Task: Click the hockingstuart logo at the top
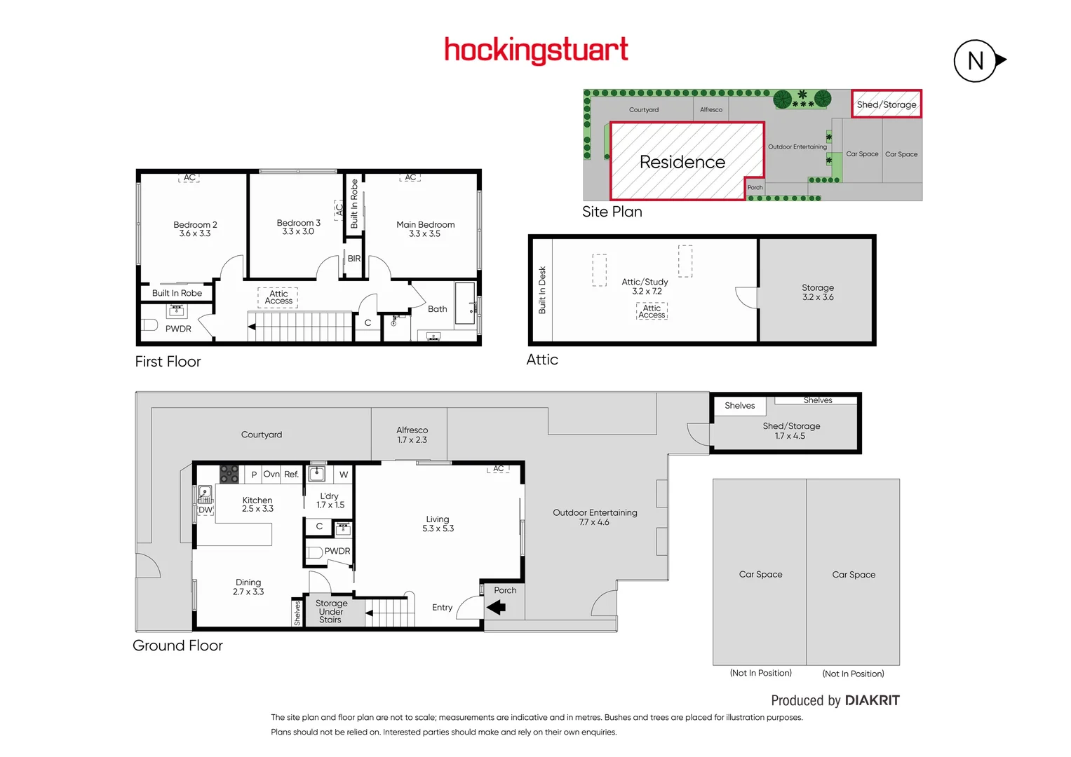(536, 50)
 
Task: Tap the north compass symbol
(976, 61)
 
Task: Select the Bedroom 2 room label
(195, 224)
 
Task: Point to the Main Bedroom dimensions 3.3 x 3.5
(424, 234)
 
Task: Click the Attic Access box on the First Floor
(278, 297)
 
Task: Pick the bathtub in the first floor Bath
(464, 303)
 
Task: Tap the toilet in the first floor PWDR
(149, 325)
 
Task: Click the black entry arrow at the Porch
(497, 608)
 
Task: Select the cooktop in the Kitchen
(229, 474)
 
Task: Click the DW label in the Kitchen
(205, 510)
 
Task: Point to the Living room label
(437, 519)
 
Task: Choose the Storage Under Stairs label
(331, 611)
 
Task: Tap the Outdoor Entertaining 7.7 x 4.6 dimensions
(594, 522)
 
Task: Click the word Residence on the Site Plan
(682, 162)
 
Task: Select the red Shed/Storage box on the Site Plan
(886, 104)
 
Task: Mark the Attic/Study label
(645, 282)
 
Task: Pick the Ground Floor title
(177, 646)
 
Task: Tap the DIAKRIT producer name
(872, 700)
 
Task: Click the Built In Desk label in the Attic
(542, 289)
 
